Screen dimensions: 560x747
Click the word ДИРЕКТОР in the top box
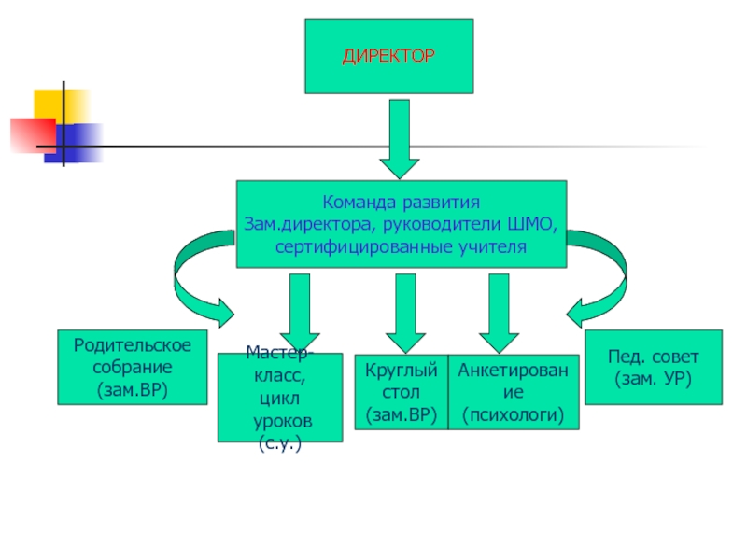pyautogui.click(x=388, y=56)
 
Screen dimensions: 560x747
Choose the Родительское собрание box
pyautogui.click(x=132, y=367)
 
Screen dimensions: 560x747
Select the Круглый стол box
pyautogui.click(x=401, y=392)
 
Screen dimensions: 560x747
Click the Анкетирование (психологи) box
pyautogui.click(x=514, y=392)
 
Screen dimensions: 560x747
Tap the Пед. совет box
pyautogui.click(x=653, y=368)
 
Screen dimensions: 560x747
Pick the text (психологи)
pyautogui.click(x=514, y=414)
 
